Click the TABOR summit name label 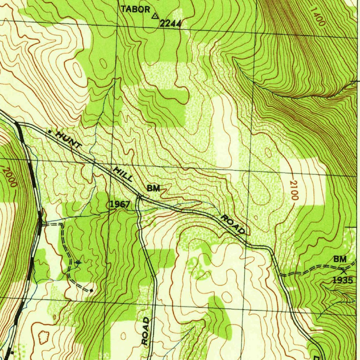pos(136,9)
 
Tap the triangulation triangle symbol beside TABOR pos(155,16)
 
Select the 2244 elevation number pos(170,24)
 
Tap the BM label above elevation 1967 pos(153,188)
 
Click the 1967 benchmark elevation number pos(120,204)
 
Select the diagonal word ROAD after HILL pos(232,225)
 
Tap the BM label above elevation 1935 pos(340,259)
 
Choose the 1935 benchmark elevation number pos(342,280)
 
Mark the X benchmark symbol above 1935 pos(343,270)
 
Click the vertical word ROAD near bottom pos(146,330)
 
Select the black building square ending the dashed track pos(91,291)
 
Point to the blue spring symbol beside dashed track pos(78,262)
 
